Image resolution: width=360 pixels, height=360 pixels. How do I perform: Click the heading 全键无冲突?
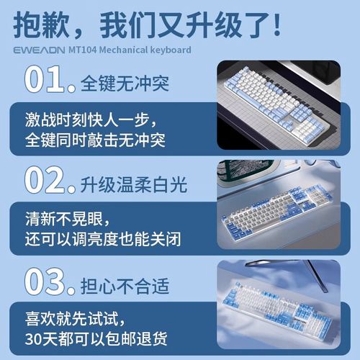point(123,82)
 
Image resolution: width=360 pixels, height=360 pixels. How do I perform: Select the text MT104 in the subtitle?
point(104,50)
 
